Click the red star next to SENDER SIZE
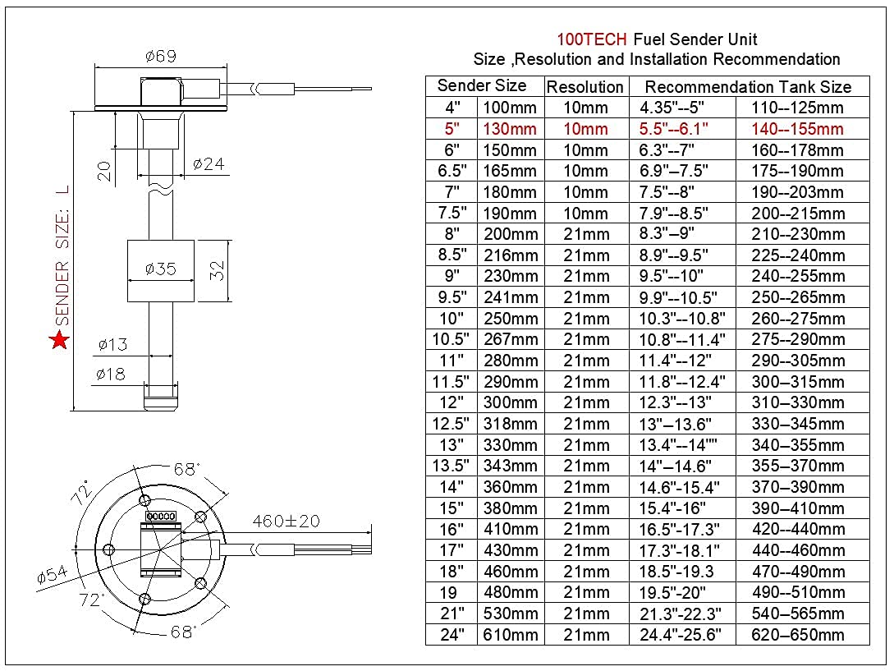[59, 339]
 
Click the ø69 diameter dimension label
[161, 57]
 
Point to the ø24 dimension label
[209, 163]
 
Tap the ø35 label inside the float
[160, 269]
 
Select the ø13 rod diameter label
[112, 344]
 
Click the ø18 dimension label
[110, 375]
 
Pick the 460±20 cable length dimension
[287, 521]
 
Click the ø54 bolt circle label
[53, 577]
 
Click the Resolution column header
[585, 86]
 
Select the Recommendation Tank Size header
[748, 86]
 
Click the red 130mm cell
[510, 129]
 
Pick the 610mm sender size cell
[510, 634]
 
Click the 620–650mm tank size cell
[797, 634]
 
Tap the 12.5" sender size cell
[452, 424]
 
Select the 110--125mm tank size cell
[797, 108]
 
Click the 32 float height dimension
[217, 270]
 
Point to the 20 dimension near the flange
[104, 169]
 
